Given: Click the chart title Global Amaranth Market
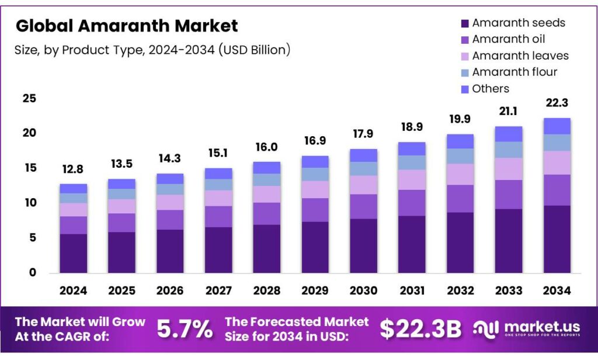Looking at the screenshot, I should point(127,26).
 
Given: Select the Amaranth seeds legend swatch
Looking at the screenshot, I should point(465,23).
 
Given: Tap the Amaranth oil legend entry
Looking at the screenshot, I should point(509,40).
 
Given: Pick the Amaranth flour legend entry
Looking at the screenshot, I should point(514,72).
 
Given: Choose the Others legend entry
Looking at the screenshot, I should point(491,89).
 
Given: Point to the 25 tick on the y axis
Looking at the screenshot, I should point(29,99).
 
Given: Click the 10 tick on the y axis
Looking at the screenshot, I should point(29,203).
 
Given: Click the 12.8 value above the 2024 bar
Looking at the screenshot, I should point(73,170).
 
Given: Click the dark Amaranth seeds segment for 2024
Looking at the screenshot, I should point(73,253).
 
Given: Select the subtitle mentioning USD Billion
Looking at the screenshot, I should point(152,50).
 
